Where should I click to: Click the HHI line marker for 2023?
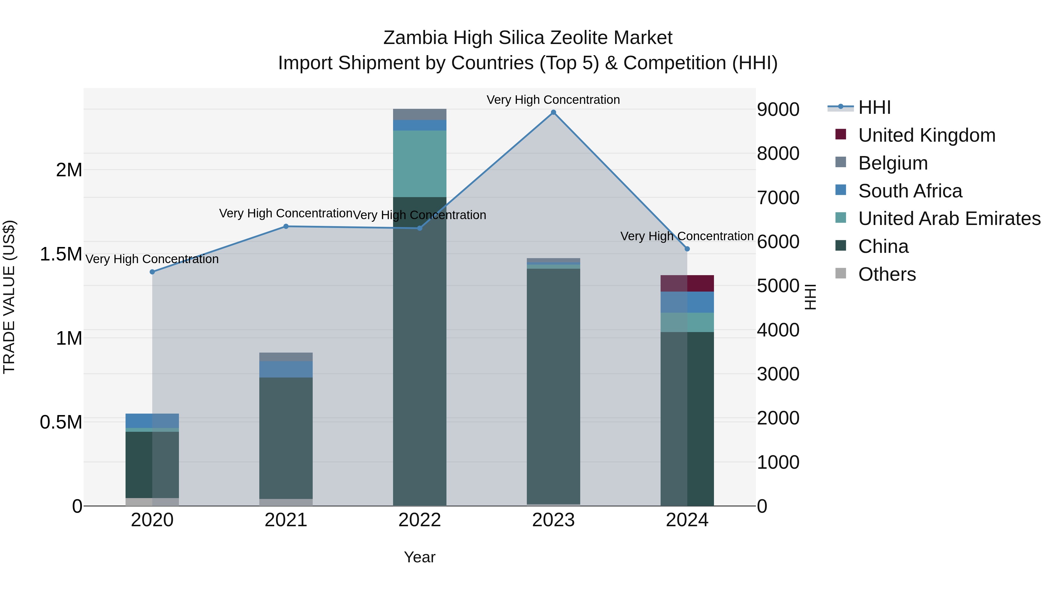[x=554, y=112]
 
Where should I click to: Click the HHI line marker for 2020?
[x=153, y=272]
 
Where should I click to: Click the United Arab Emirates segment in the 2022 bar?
[x=420, y=164]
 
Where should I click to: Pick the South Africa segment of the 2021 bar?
[x=286, y=369]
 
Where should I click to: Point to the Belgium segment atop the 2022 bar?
[x=420, y=114]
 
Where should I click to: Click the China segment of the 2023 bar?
[x=554, y=385]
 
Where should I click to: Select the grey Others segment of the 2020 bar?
[x=153, y=502]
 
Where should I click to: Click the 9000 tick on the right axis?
[x=778, y=109]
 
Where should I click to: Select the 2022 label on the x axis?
[x=420, y=520]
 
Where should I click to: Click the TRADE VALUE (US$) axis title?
[x=9, y=297]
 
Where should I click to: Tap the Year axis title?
[x=420, y=557]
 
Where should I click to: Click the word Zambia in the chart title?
[x=415, y=38]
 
